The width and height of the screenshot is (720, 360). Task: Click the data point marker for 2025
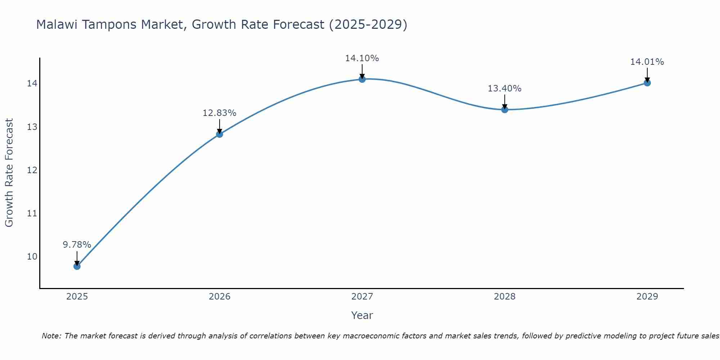[x=77, y=266]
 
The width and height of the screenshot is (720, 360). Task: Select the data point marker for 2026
[x=220, y=134]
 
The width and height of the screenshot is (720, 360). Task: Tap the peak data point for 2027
[x=362, y=79]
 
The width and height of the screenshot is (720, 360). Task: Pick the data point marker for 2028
[x=505, y=109]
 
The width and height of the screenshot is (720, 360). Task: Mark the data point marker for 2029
[x=647, y=83]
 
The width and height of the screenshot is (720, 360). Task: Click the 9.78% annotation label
[x=77, y=245]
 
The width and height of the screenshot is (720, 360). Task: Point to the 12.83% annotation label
[x=220, y=113]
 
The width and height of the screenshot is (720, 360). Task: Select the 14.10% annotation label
[x=362, y=58]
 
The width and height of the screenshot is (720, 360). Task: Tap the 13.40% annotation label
[x=505, y=89]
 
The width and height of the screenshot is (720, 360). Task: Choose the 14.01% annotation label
[x=647, y=62]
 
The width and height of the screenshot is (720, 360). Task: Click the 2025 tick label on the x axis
[x=77, y=297]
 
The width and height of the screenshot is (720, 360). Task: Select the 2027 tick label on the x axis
[x=362, y=297]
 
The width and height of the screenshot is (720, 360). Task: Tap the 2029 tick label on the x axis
[x=647, y=297]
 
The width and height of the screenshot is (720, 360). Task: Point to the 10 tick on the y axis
[x=32, y=257]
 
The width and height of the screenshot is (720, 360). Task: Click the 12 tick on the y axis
[x=32, y=170]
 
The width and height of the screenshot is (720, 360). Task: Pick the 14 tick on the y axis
[x=32, y=84]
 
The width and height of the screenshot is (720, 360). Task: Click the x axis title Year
[x=362, y=315]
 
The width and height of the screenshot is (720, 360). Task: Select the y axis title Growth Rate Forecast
[x=9, y=173]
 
